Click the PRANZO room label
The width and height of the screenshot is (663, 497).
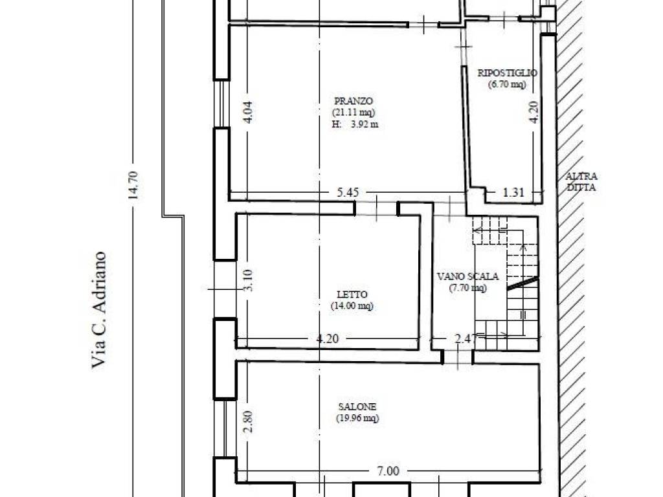coord(354,101)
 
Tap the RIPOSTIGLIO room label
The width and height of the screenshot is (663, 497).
coord(508,72)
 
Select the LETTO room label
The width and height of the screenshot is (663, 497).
coord(352,294)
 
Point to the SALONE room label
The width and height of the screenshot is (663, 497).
coord(357,406)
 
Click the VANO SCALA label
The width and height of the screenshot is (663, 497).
coord(467,276)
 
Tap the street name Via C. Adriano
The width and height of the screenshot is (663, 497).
coord(98,310)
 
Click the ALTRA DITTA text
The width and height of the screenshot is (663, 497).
coord(581,182)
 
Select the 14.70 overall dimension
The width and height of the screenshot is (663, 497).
coord(133,184)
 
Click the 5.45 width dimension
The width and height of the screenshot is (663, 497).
coord(348,192)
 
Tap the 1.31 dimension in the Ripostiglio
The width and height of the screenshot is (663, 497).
coord(513,192)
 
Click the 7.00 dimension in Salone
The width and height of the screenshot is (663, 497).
coord(388,470)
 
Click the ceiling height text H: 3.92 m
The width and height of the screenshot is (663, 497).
coord(355,124)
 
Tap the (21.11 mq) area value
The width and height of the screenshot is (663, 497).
coord(354,113)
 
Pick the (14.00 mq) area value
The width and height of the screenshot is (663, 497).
coord(352,305)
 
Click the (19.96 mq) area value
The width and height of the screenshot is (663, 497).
coord(357,418)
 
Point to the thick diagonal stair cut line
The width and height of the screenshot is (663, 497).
coord(523,283)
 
